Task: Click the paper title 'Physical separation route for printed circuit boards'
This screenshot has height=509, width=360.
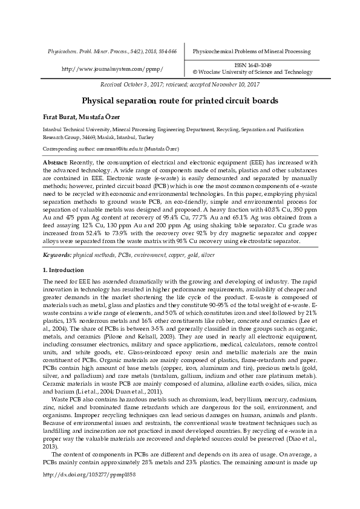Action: pyautogui.click(x=180, y=101)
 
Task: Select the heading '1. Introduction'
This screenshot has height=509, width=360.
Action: pyautogui.click(x=64, y=270)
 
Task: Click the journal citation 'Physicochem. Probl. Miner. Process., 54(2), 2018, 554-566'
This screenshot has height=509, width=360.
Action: pyautogui.click(x=112, y=52)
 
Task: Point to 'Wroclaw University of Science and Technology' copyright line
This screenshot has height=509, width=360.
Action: pyautogui.click(x=263, y=72)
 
